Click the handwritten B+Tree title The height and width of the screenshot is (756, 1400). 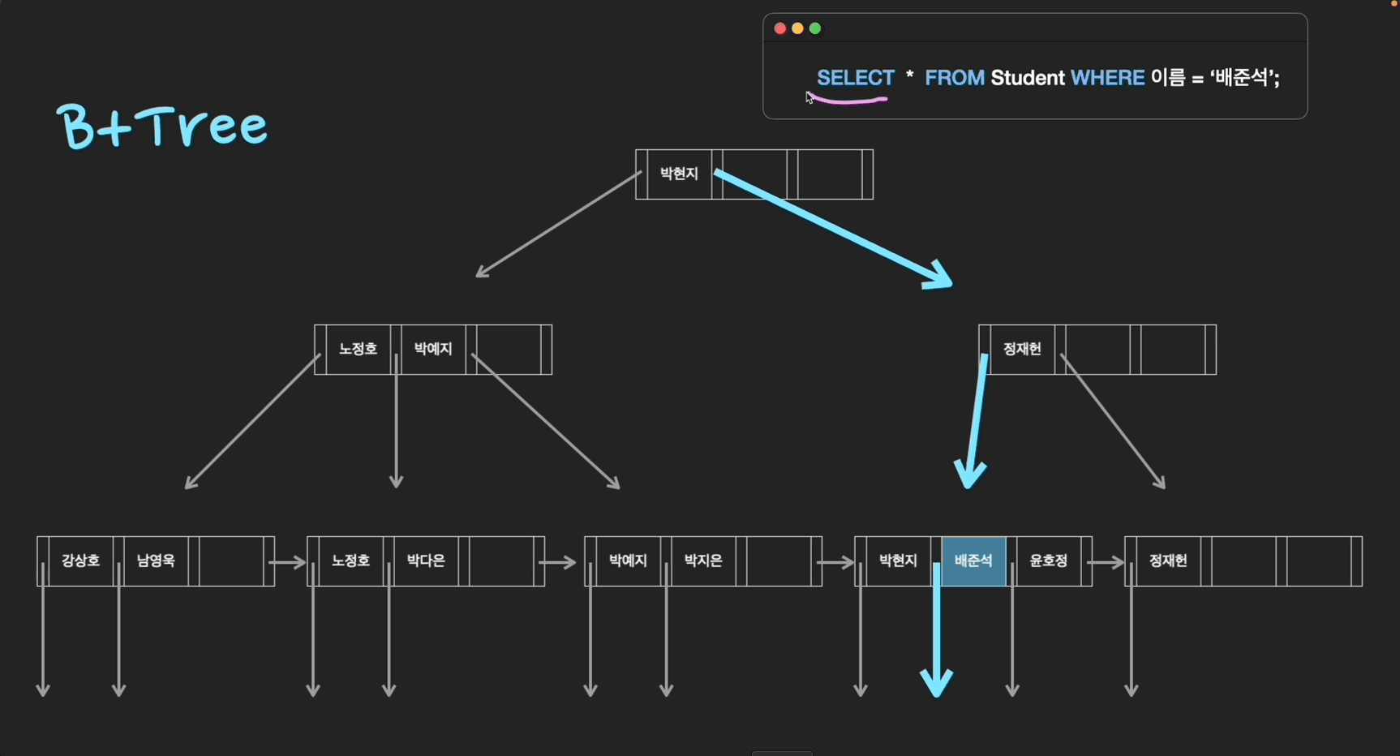point(162,127)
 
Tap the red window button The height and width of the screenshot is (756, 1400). point(779,28)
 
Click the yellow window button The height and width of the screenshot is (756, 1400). point(797,28)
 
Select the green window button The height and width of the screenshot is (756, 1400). point(815,28)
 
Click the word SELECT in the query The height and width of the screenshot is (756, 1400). point(855,78)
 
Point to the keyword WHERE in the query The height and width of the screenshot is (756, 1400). point(1107,78)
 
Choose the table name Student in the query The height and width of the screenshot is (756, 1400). point(1027,78)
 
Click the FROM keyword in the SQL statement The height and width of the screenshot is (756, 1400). point(954,78)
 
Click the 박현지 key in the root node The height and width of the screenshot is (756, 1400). point(679,174)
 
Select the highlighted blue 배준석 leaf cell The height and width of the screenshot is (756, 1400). point(973,561)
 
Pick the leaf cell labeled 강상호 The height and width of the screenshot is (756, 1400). point(80,561)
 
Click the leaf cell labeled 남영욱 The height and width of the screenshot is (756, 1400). point(156,561)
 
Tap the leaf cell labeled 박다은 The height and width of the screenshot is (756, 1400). point(426,561)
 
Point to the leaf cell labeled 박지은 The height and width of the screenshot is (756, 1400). point(703,561)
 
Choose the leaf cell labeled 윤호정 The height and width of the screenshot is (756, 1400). point(1049,561)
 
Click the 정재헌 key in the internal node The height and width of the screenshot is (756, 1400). point(1022,349)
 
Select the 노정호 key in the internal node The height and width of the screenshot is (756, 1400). point(358,349)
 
